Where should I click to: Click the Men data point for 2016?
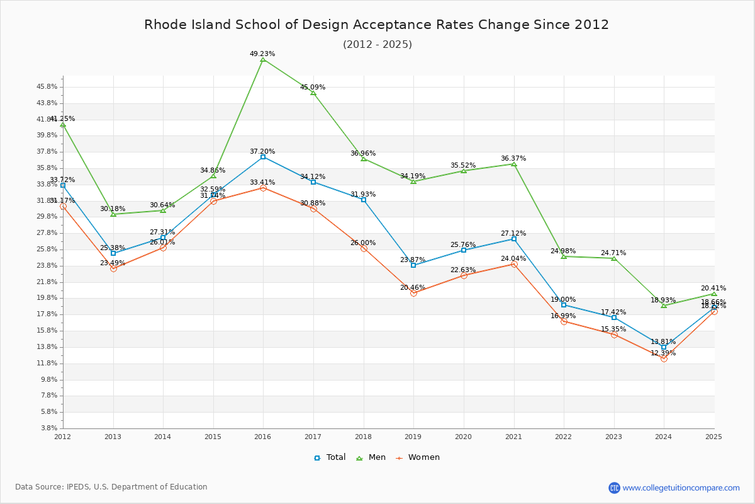point(263,59)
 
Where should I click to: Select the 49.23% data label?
point(262,54)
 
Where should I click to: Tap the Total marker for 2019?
point(413,265)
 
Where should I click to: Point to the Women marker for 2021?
point(514,264)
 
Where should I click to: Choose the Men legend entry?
point(372,457)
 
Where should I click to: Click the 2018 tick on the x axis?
point(364,436)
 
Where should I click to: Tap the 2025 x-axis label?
point(714,436)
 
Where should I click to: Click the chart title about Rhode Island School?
point(377,25)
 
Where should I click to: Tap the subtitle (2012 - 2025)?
point(377,44)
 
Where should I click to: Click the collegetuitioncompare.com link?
point(681,488)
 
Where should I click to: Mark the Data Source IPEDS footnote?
point(111,487)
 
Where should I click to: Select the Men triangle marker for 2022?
point(564,256)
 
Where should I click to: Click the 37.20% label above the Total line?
point(262,151)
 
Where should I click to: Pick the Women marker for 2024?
point(664,358)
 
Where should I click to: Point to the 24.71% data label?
point(613,253)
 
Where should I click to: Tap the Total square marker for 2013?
point(113,253)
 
